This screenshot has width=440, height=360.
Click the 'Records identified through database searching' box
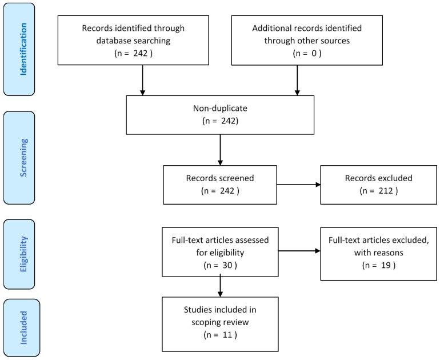[133, 40]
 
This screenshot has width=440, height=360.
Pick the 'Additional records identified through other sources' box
[307, 40]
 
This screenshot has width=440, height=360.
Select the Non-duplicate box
[220, 115]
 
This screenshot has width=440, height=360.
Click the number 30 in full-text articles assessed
[227, 265]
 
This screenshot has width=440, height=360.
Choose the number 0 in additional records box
[314, 53]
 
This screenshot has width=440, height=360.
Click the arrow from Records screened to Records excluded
[298, 185]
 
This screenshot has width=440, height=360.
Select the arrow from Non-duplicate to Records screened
[220, 150]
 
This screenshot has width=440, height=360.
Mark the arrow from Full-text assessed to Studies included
[220, 285]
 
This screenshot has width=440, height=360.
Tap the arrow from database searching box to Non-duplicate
[142, 80]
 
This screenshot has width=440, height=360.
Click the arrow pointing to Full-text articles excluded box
[299, 251]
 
